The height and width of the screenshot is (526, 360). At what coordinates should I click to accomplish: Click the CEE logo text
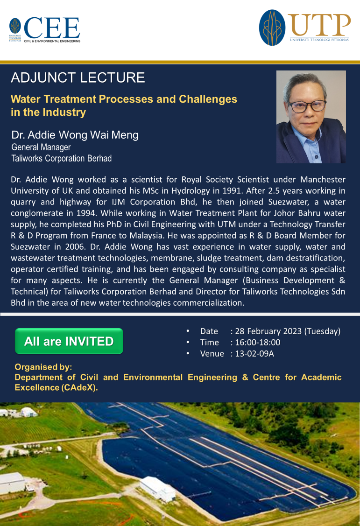52,28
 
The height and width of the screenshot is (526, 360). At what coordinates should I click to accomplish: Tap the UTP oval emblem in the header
272,28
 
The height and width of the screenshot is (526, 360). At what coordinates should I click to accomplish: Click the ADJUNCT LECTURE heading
78,77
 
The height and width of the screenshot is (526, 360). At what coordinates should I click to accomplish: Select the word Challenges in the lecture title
208,99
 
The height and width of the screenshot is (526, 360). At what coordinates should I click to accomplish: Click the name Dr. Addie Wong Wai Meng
75,135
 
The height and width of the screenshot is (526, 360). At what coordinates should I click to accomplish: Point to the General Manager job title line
41,147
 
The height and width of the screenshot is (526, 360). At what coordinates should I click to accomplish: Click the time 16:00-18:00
258,343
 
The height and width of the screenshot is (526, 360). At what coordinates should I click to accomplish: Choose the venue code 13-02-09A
254,354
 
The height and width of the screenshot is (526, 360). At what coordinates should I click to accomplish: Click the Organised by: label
43,367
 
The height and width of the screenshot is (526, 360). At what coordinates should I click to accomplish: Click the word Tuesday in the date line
322,331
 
